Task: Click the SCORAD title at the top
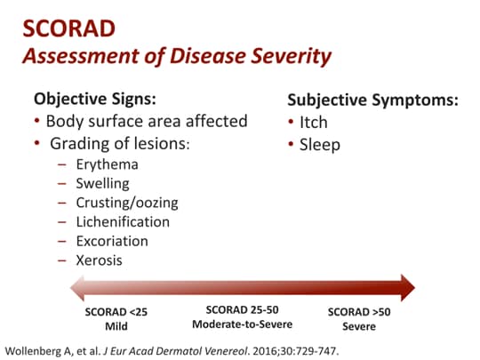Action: pyautogui.click(x=70, y=28)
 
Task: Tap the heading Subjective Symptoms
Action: pyautogui.click(x=373, y=100)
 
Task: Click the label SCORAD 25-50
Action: pyautogui.click(x=241, y=309)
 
